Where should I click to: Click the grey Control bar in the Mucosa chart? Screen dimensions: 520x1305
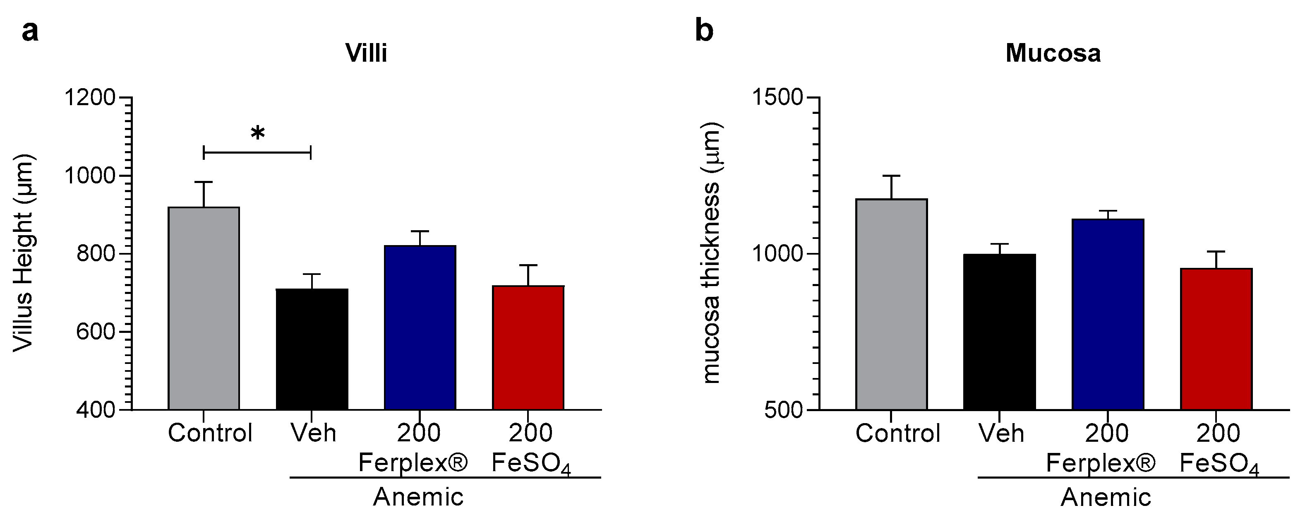tap(891, 304)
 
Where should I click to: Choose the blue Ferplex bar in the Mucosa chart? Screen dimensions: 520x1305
tap(1108, 314)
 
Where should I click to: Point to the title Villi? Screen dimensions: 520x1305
tap(366, 53)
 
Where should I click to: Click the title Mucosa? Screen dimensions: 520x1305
tap(1053, 53)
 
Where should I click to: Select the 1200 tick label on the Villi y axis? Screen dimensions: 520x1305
tap(89, 97)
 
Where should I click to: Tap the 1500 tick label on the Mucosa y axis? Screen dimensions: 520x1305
tap(777, 97)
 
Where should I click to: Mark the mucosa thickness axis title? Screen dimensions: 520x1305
tap(711, 253)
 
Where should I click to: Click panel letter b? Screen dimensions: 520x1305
tap(704, 30)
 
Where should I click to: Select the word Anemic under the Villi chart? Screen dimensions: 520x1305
tap(418, 497)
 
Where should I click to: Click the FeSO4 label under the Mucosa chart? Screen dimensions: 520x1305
tap(1219, 464)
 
